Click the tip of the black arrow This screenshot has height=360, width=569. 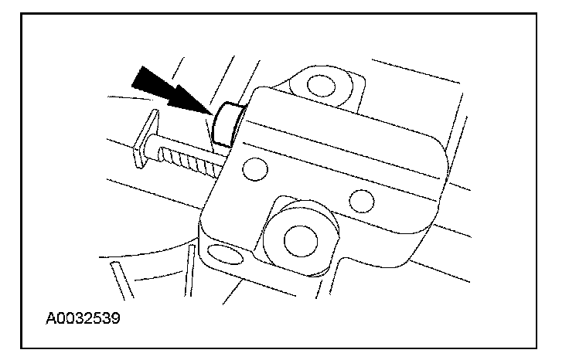[x=210, y=114]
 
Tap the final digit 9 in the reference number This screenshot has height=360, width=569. [x=117, y=318]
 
